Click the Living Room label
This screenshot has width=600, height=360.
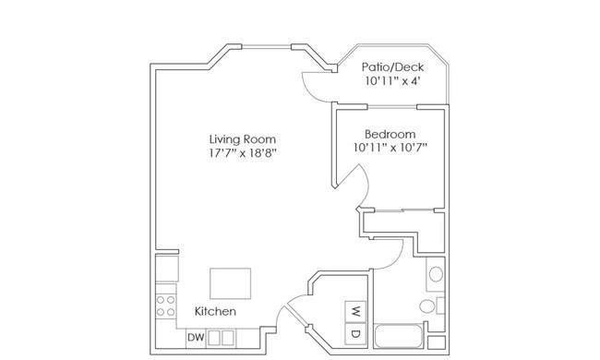coord(243,139)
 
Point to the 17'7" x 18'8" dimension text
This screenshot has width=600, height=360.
coord(243,153)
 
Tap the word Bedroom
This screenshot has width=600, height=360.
coord(390,134)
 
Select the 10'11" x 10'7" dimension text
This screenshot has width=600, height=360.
coord(390,148)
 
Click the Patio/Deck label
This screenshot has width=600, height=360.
coord(392,67)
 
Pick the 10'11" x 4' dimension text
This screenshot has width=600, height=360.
coord(392,80)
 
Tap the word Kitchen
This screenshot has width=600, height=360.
coord(215,311)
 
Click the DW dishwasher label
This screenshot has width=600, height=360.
coord(196,338)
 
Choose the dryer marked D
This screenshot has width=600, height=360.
coord(355,333)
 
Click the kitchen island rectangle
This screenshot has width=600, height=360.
coord(231,283)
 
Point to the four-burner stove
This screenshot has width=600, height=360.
coord(165,306)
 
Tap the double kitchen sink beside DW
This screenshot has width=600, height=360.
coord(221,338)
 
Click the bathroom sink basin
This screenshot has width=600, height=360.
coord(436,274)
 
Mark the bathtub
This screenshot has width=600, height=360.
coord(399,336)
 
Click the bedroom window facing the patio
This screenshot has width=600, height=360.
coord(391,107)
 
